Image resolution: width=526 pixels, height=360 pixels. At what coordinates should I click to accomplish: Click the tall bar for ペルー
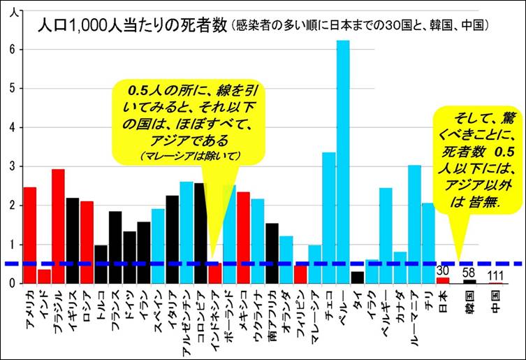pyautogui.click(x=342, y=161)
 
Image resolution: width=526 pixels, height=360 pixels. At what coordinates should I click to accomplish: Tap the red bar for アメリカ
pyautogui.click(x=29, y=235)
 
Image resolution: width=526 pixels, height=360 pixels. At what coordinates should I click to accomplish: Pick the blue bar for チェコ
pyautogui.click(x=328, y=217)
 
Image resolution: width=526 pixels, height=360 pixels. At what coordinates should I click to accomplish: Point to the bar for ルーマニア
pyautogui.click(x=414, y=224)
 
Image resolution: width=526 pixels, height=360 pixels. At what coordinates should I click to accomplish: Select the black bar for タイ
pyautogui.click(x=357, y=277)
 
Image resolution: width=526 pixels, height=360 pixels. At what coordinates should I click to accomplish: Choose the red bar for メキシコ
pyautogui.click(x=243, y=238)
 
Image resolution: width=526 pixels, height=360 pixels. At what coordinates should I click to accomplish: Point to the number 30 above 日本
pyautogui.click(x=442, y=271)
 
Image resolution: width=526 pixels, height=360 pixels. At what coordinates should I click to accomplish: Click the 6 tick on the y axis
pyautogui.click(x=12, y=50)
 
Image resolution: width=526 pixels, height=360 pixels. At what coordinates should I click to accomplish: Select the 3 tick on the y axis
pyautogui.click(x=12, y=166)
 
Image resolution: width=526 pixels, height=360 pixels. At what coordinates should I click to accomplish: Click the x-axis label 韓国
pyautogui.click(x=469, y=302)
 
